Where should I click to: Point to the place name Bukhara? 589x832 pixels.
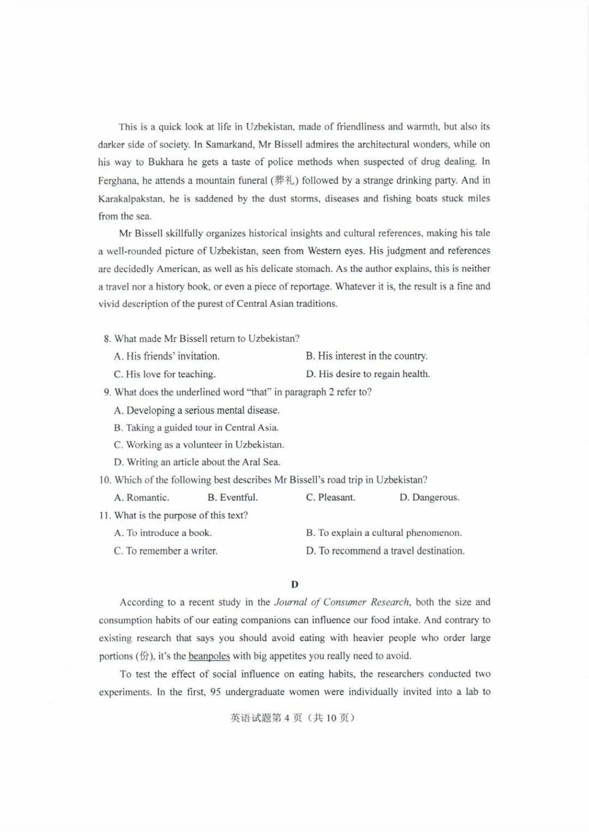click(166, 162)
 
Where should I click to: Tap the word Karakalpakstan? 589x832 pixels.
click(131, 198)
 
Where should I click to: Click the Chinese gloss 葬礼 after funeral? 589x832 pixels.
click(285, 180)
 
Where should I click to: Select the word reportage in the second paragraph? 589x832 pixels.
click(307, 287)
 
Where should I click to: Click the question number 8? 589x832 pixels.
click(107, 339)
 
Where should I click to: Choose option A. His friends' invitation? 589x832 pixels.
click(167, 356)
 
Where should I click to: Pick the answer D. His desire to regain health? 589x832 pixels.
click(368, 374)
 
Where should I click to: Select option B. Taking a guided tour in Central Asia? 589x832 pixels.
click(196, 428)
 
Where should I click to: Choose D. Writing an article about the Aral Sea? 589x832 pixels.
click(197, 463)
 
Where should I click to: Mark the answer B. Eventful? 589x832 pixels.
click(233, 497)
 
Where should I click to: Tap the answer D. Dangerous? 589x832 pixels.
click(429, 497)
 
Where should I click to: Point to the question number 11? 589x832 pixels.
click(105, 515)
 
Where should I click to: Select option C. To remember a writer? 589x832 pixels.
click(166, 551)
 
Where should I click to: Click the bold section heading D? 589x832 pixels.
click(294, 585)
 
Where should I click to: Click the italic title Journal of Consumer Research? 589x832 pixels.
click(341, 602)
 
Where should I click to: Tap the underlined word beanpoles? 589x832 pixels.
click(209, 656)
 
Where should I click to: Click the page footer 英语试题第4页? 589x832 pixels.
click(266, 718)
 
